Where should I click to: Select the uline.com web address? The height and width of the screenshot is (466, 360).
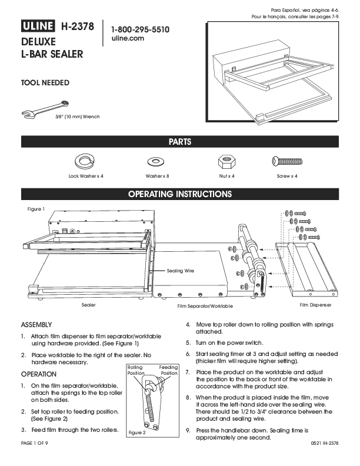(x=127, y=38)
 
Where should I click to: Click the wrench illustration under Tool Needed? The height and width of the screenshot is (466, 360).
(x=44, y=108)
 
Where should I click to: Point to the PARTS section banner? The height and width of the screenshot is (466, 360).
(x=180, y=142)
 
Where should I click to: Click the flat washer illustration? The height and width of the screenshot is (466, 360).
(x=157, y=161)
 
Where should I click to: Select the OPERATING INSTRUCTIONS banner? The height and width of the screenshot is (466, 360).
(x=180, y=194)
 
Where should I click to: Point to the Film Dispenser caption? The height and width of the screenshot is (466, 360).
(x=316, y=305)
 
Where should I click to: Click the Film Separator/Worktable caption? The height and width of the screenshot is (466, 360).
(x=205, y=307)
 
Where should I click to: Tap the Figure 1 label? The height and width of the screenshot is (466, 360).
(x=36, y=208)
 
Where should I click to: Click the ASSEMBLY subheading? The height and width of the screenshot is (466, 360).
(x=37, y=325)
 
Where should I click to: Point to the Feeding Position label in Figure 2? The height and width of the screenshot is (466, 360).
(x=169, y=370)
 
